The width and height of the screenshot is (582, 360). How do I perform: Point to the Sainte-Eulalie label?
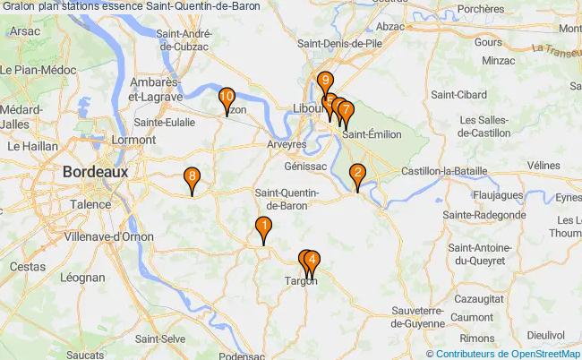165,123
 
